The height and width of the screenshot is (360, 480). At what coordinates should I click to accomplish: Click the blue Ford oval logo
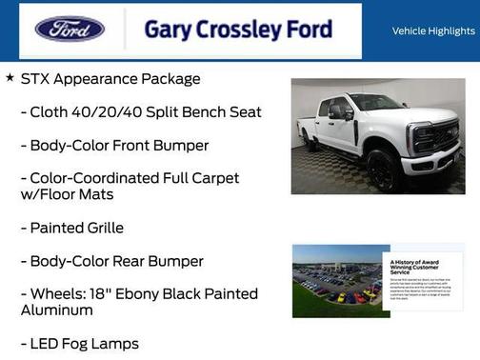click(70, 29)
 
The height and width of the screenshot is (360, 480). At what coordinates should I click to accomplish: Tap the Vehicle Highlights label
click(433, 30)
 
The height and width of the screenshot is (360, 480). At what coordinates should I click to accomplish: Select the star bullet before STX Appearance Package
click(10, 78)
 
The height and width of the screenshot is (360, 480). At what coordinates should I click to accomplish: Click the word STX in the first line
click(36, 79)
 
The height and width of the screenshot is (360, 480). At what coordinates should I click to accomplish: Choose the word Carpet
click(214, 178)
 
